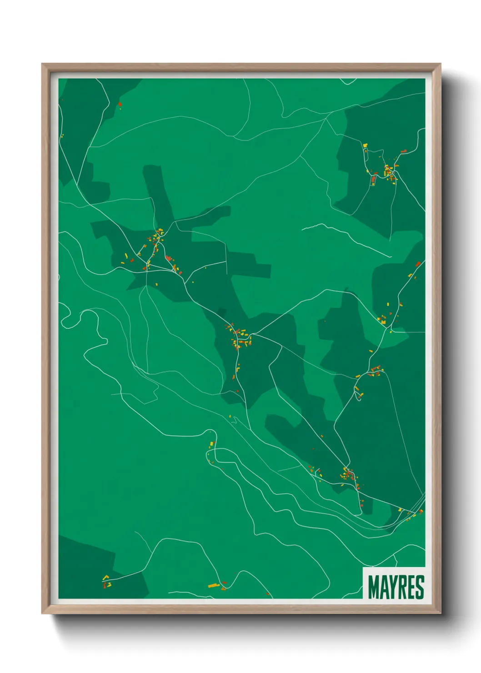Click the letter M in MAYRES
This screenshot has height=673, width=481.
374,587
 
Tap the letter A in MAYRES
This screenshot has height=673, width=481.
386,587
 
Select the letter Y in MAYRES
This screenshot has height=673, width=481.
395,587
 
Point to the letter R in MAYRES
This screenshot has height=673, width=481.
405,587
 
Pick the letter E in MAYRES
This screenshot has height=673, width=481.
413,587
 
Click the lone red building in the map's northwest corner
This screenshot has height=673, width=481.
120,104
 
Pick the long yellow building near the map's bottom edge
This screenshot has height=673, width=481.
214,585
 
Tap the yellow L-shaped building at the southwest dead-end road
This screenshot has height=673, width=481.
106,578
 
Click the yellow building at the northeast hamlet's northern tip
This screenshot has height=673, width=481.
365,145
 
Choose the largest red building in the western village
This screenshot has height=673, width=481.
168,258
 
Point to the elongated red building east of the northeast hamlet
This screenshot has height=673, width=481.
403,151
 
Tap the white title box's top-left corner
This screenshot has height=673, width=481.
363,568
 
